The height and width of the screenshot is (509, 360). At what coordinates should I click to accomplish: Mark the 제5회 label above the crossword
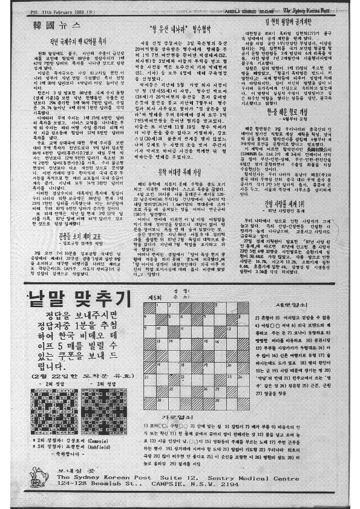click(x=154, y=298)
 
